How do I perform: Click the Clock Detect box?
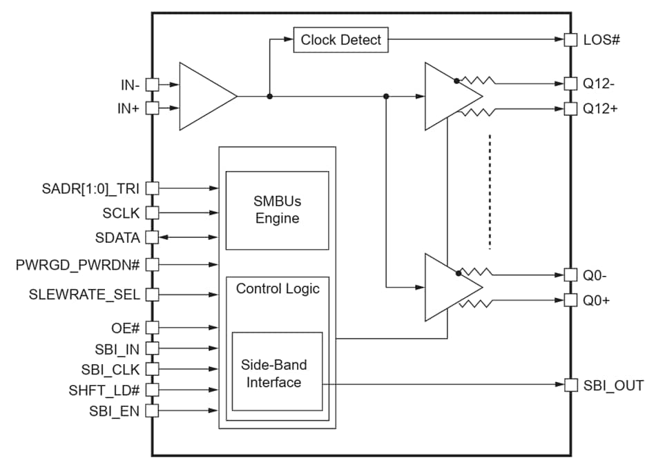[340, 40]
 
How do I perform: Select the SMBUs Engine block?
[277, 210]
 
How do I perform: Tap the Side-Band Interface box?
[277, 372]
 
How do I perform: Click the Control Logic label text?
[278, 289]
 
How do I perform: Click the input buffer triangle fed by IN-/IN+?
[204, 97]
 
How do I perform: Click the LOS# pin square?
[570, 40]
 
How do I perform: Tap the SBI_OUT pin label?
[613, 385]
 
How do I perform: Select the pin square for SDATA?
[153, 237]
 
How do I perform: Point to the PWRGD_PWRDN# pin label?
[78, 264]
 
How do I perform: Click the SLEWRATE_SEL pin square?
[153, 295]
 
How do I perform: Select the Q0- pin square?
[570, 275]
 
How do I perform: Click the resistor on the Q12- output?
[476, 81]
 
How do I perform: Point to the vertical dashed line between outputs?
[490, 191]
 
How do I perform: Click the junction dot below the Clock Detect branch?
[269, 97]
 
